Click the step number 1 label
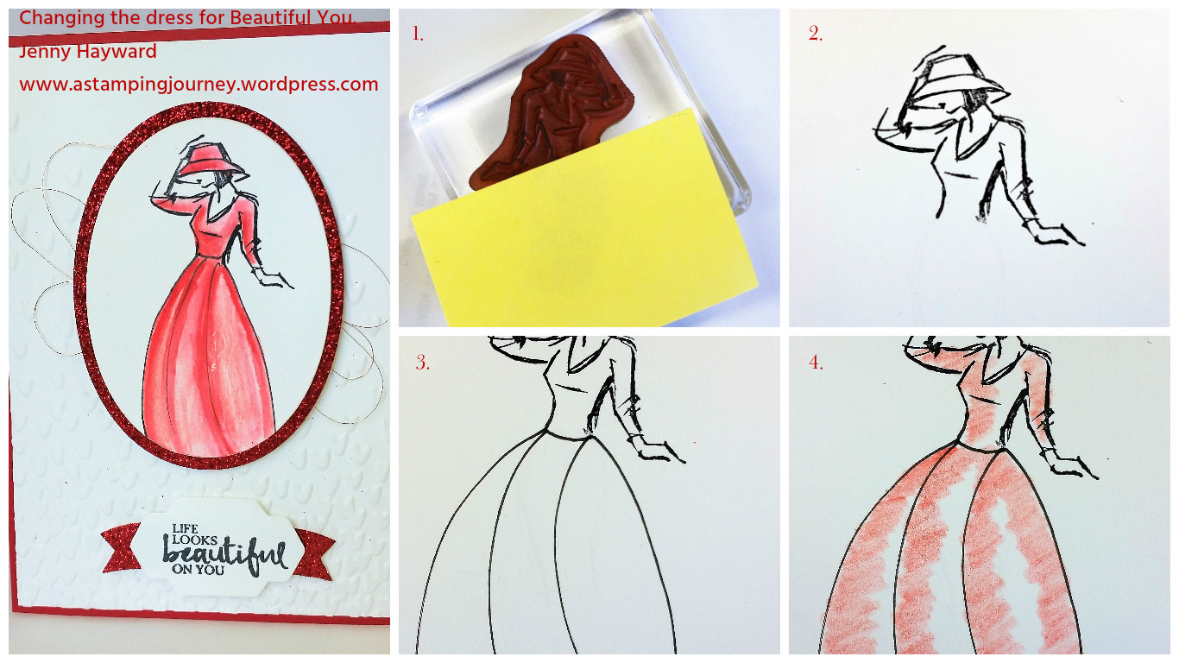(x=418, y=35)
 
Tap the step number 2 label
(x=816, y=35)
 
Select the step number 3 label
(x=422, y=363)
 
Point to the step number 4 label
(x=816, y=363)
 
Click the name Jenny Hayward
(x=88, y=52)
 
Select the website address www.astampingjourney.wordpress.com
(x=199, y=85)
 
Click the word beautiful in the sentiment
(x=225, y=553)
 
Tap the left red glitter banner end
(x=122, y=547)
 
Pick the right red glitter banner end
(x=314, y=554)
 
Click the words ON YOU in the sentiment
(x=198, y=569)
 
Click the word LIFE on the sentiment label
(x=186, y=528)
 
